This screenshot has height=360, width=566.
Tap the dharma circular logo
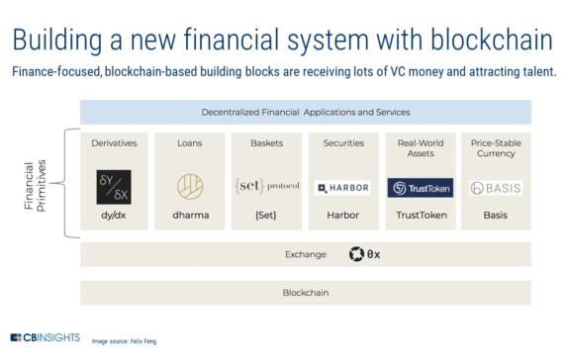click(x=191, y=187)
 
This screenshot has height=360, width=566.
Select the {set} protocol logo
click(x=266, y=185)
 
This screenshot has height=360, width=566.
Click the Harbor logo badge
click(x=343, y=187)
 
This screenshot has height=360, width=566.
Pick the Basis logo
click(x=496, y=187)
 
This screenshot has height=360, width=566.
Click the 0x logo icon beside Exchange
click(x=356, y=254)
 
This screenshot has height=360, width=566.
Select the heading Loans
click(x=191, y=143)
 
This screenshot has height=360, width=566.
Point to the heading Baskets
click(x=266, y=143)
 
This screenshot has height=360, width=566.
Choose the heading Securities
click(x=343, y=143)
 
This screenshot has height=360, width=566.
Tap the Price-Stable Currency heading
click(x=496, y=148)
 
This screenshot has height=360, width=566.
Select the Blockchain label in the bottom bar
click(x=305, y=293)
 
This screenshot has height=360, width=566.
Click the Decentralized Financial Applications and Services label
click(x=305, y=112)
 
